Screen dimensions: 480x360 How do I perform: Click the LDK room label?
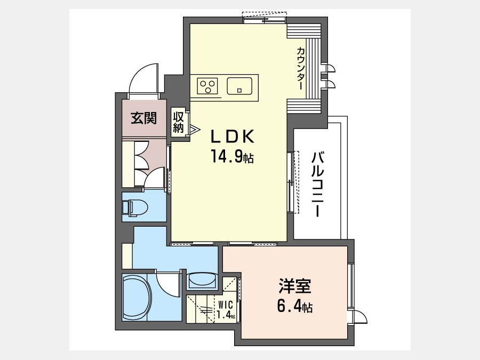tap(232, 137)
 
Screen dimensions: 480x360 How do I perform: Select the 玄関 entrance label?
tap(144, 118)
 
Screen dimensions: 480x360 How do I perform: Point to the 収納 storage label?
tap(178, 123)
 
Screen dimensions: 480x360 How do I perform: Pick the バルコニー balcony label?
tap(317, 185)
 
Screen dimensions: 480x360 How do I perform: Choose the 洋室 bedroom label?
tap(294, 285)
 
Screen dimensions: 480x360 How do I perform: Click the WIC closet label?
tap(226, 305)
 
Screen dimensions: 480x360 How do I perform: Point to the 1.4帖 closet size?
tap(226, 315)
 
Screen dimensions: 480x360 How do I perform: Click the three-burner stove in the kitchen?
tap(207, 86)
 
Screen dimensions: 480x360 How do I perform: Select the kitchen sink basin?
tap(239, 86)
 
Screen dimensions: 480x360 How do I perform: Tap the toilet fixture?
tap(135, 207)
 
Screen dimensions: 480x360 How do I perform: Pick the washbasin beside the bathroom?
tap(202, 281)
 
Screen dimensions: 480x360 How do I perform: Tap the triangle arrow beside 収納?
tap(194, 129)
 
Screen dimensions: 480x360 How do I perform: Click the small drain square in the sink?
tap(239, 90)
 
